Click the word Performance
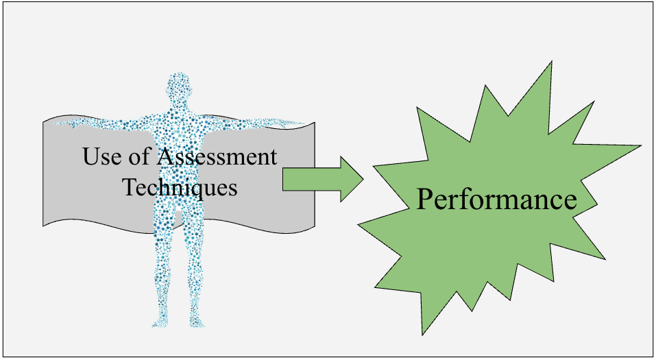coord(496,200)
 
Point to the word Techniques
coord(180,186)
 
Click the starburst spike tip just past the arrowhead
coord(374,167)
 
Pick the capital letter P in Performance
coord(426,200)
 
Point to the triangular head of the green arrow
coord(352,179)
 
